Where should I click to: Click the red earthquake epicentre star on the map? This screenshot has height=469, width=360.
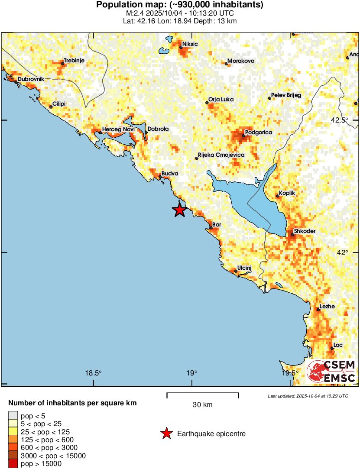[179, 210]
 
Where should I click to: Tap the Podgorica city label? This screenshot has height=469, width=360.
[258, 133]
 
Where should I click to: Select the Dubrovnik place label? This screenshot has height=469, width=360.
[31, 79]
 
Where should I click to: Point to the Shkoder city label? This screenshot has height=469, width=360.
[305, 231]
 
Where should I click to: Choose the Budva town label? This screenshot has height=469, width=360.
[170, 173]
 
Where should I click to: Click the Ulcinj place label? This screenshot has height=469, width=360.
[244, 268]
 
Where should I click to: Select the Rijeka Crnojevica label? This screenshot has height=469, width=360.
[221, 155]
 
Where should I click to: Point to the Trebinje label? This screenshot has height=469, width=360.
[74, 61]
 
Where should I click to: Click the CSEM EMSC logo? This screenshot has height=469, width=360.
[331, 371]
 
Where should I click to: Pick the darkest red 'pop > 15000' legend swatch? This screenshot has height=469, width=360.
[13, 464]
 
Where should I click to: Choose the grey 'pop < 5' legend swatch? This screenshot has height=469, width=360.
[13, 416]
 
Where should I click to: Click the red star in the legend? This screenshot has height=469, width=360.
[165, 433]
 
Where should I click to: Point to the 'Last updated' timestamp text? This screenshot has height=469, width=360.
[308, 396]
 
